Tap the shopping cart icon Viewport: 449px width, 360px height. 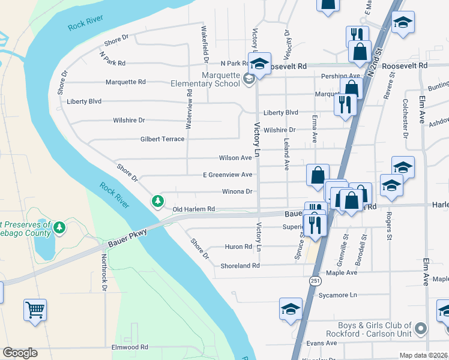pyautogui.click(x=35, y=310)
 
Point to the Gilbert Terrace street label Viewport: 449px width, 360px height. pyautogui.click(x=162, y=139)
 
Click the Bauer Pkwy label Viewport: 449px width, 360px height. pyautogui.click(x=129, y=239)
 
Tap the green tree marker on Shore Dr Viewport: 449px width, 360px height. pyautogui.click(x=158, y=200)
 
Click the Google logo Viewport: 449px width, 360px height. pyautogui.click(x=20, y=353)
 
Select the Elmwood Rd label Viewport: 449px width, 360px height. pyautogui.click(x=129, y=347)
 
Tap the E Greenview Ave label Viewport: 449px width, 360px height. pyautogui.click(x=227, y=175)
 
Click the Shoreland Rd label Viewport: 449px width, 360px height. pyautogui.click(x=240, y=265)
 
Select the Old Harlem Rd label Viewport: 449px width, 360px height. pyautogui.click(x=193, y=209)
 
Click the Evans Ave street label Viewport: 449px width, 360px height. pyautogui.click(x=322, y=343)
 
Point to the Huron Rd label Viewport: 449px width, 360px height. pyautogui.click(x=238, y=247)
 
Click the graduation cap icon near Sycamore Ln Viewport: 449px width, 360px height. pyautogui.click(x=291, y=310)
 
